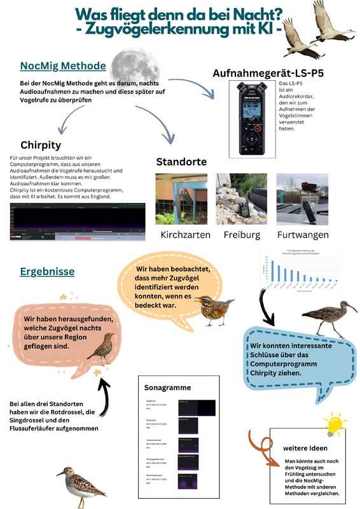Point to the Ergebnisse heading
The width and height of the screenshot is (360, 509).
[47, 271]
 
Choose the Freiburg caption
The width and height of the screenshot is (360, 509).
[241, 235]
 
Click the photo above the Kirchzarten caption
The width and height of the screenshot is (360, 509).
[181, 199]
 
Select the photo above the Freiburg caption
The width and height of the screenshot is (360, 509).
[241, 199]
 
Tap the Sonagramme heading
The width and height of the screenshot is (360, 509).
[169, 387]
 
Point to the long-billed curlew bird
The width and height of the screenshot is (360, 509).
[329, 316]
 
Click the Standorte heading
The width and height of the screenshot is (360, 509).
[181, 161]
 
